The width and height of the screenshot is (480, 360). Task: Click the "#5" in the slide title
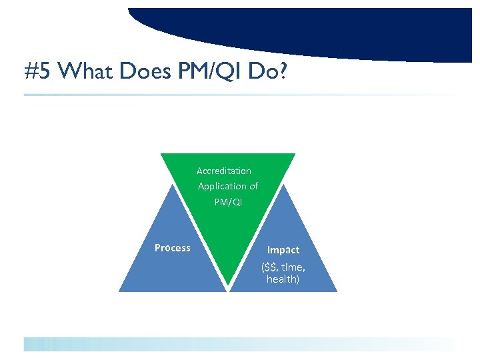(x=37, y=71)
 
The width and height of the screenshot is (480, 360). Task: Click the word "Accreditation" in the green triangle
(x=224, y=171)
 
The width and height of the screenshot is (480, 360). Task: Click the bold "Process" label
(x=173, y=248)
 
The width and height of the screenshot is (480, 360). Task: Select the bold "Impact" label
(x=283, y=250)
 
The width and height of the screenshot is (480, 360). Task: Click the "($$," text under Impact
(x=272, y=267)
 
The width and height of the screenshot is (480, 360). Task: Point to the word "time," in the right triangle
(x=295, y=267)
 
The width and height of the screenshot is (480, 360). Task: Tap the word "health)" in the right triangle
(x=283, y=279)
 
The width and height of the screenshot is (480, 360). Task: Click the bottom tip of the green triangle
(x=229, y=289)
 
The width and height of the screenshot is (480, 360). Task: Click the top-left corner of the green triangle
(x=162, y=155)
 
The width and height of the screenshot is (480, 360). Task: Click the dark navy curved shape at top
(x=300, y=30)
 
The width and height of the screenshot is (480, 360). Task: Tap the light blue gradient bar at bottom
(x=200, y=344)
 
